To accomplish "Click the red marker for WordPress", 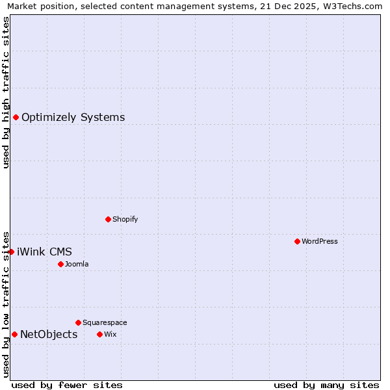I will pyautogui.click(x=297, y=241).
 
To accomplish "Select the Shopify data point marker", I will pyautogui.click(x=108, y=219).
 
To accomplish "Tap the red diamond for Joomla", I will pyautogui.click(x=60, y=264).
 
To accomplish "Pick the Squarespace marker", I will pyautogui.click(x=78, y=322).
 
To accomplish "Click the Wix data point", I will pyautogui.click(x=99, y=334).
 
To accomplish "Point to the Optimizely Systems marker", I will pyautogui.click(x=16, y=117).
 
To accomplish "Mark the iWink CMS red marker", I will pyautogui.click(x=11, y=252).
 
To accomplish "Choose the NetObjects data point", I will pyautogui.click(x=14, y=334).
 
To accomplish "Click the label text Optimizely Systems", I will pyautogui.click(x=73, y=118).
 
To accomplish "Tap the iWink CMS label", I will pyautogui.click(x=44, y=252).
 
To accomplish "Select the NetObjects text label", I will pyautogui.click(x=49, y=335).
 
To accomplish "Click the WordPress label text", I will pyautogui.click(x=320, y=242).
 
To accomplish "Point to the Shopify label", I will pyautogui.click(x=125, y=220).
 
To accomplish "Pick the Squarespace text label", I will pyautogui.click(x=105, y=323).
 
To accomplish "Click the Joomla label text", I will pyautogui.click(x=77, y=265).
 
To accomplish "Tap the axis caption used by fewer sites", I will pyautogui.click(x=67, y=385).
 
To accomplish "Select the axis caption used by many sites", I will pyautogui.click(x=326, y=385).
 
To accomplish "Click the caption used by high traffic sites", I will pyautogui.click(x=6, y=92).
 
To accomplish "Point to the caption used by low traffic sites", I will pyautogui.click(x=6, y=304).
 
